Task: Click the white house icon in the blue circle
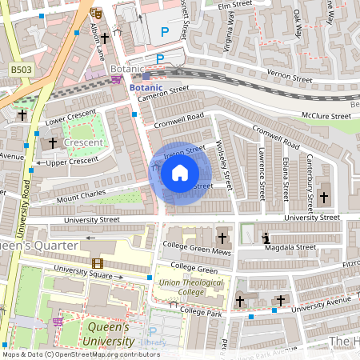(179, 172)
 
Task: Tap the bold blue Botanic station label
(147, 86)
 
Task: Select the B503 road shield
(22, 71)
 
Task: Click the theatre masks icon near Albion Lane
(96, 13)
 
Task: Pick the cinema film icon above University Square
(97, 263)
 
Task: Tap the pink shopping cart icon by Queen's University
(58, 322)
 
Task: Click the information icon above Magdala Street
(266, 238)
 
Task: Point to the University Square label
(83, 274)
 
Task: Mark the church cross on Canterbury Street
(323, 197)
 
